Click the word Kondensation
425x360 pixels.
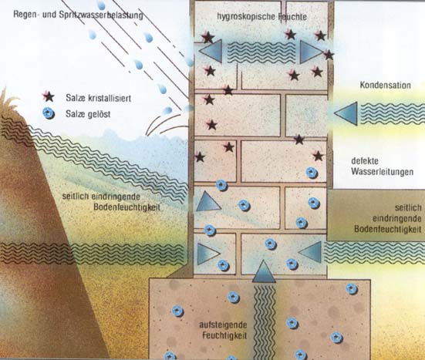point(385,85)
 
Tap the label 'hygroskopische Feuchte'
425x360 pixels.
point(261,17)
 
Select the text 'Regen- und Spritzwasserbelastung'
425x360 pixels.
point(78,15)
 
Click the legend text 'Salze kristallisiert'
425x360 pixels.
point(99,98)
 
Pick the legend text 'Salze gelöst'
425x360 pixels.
point(88,114)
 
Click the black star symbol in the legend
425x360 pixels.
point(49,96)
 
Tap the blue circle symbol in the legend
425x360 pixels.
point(49,113)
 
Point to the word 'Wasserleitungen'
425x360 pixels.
point(382,172)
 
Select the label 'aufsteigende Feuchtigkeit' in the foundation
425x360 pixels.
point(223,330)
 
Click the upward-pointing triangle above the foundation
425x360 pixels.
point(264,271)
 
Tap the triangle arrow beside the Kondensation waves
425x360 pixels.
point(346,114)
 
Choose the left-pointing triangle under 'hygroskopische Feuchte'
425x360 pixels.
point(211,51)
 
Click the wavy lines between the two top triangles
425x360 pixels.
point(261,52)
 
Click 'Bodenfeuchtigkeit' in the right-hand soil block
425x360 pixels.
point(388,229)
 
